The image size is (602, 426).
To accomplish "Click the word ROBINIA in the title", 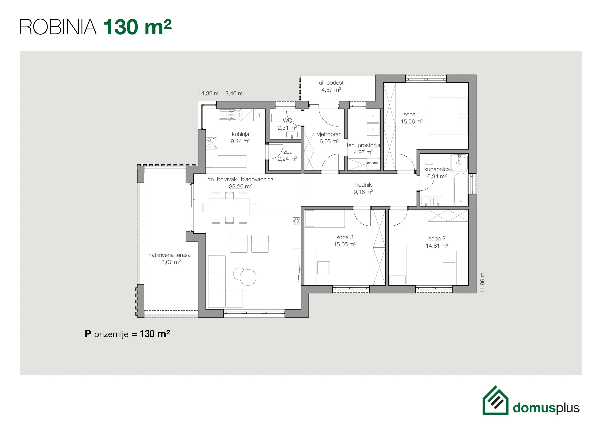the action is click(58, 27).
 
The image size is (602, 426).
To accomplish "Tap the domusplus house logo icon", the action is click(495, 400).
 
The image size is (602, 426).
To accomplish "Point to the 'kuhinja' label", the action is click(240, 134).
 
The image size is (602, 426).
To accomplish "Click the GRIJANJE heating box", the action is click(373, 163).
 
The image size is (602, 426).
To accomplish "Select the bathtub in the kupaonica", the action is click(460, 189).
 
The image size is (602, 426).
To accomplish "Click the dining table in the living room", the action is click(229, 207).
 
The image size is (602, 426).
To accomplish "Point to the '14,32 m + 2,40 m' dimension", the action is click(220, 93).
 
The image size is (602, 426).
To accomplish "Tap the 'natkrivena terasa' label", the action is click(169, 255).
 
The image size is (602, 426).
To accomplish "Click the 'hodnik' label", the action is click(363, 185).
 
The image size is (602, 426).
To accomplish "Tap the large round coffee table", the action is click(248, 277).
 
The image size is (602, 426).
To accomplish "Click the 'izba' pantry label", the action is click(287, 152).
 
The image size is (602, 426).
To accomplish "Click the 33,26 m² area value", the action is click(240, 186).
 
